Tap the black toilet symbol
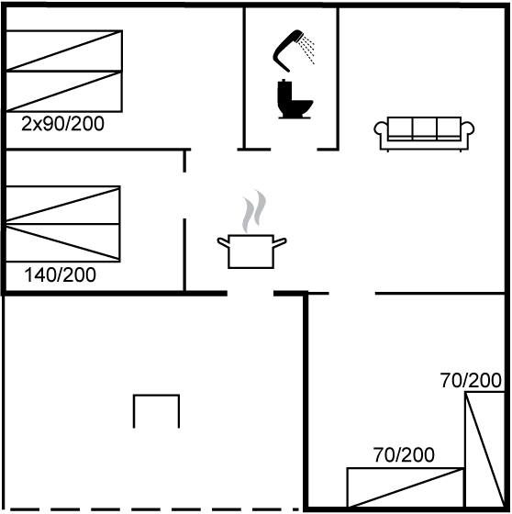(x=294, y=99)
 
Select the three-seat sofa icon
(x=424, y=134)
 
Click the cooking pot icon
(x=251, y=251)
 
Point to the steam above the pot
(x=253, y=211)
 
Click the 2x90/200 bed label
(x=62, y=124)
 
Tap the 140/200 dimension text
(x=61, y=274)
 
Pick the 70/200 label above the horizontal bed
(x=404, y=454)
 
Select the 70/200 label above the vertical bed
(x=471, y=381)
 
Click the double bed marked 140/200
(x=63, y=224)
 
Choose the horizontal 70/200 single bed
(x=406, y=487)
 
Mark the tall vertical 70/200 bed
(x=484, y=450)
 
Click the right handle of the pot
(x=280, y=242)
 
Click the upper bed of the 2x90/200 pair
(x=64, y=50)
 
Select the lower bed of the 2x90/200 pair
(x=64, y=92)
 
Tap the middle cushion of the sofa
(x=424, y=128)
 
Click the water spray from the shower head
(x=308, y=50)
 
